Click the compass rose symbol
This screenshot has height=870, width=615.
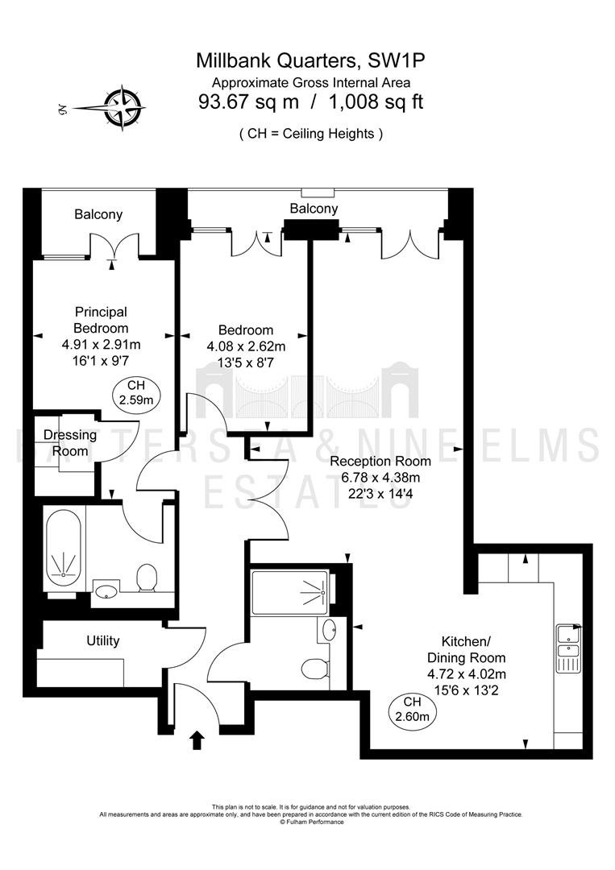click(x=124, y=108)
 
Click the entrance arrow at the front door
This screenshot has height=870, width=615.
click(x=197, y=740)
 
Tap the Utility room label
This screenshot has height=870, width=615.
click(x=102, y=641)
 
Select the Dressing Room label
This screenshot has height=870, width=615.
click(x=70, y=443)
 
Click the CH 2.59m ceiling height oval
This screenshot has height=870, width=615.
click(x=136, y=393)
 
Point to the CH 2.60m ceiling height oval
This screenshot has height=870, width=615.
click(x=413, y=710)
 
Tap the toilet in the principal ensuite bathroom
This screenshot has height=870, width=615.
click(x=147, y=578)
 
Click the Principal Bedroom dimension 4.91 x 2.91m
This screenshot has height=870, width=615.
click(x=101, y=345)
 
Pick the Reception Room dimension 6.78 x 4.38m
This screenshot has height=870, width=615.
click(x=380, y=477)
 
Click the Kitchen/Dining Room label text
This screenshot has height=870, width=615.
click(x=466, y=650)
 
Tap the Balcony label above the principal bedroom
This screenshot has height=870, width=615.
click(x=98, y=215)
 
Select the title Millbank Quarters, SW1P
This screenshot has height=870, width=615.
click(x=310, y=60)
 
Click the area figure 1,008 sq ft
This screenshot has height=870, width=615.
click(x=376, y=102)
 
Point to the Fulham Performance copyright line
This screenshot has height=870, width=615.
click(x=311, y=822)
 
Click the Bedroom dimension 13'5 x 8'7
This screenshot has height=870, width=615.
click(x=246, y=362)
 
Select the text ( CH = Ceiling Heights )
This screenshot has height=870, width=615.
click(x=311, y=134)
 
